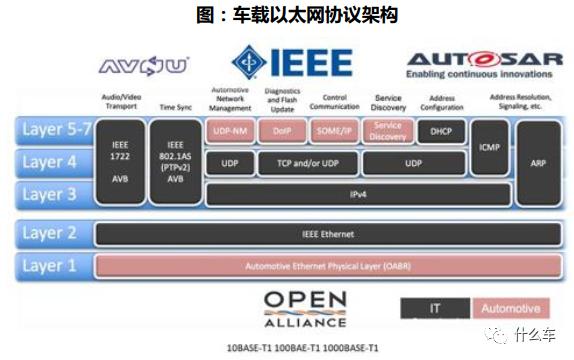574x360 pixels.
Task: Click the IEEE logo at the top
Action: pos(292,63)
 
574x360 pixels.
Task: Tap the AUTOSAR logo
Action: pos(484,66)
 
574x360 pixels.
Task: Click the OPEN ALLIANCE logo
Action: pos(305,305)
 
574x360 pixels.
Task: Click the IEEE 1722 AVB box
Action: pos(119,161)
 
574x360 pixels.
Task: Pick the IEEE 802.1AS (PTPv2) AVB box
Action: pos(173,161)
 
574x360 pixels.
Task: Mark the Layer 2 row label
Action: pos(50,234)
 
